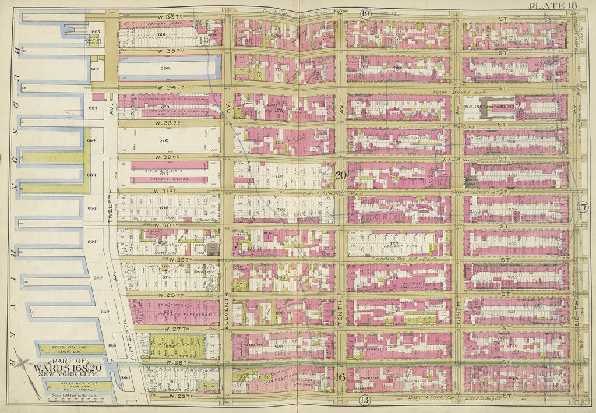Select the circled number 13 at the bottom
(365, 400)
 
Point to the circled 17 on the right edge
(583, 207)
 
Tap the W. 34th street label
(170, 88)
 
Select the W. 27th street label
(170, 329)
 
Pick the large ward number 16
(341, 377)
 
